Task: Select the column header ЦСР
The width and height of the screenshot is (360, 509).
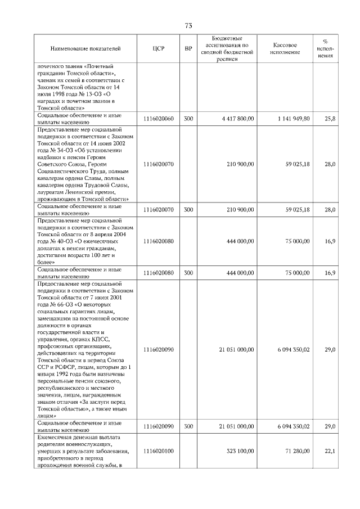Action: tap(158, 48)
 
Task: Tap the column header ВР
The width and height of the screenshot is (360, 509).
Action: tap(188, 48)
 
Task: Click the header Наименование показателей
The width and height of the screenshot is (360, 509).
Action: tap(85, 48)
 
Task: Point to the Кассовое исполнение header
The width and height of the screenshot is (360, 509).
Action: tap(285, 48)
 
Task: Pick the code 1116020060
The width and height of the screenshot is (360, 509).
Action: tap(158, 119)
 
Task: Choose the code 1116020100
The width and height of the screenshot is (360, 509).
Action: tap(158, 451)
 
